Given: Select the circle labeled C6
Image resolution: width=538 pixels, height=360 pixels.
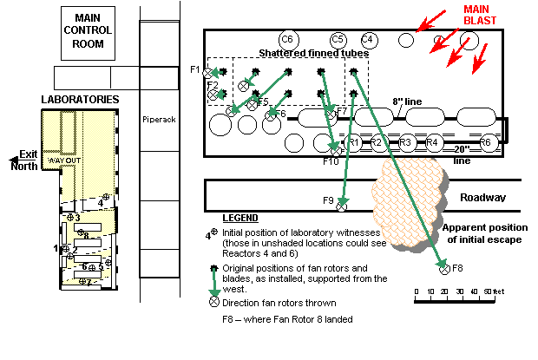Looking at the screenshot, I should pyautogui.click(x=288, y=39).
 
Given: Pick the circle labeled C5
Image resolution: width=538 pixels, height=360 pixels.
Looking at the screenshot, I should pyautogui.click(x=338, y=39).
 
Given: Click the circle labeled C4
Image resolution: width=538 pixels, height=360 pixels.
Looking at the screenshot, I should pyautogui.click(x=368, y=39).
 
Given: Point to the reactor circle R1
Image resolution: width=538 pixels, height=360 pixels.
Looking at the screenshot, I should pyautogui.click(x=352, y=142).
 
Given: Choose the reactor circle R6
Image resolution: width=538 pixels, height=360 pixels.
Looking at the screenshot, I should pyautogui.click(x=486, y=142).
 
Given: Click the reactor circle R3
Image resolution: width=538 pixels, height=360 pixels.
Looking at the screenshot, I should pyautogui.click(x=404, y=142).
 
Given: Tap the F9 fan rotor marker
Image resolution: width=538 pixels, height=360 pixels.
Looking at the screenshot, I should pyautogui.click(x=342, y=206).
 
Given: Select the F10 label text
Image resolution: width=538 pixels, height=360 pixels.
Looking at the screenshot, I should pyautogui.click(x=331, y=161).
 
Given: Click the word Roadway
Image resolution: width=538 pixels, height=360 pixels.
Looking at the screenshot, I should pyautogui.click(x=482, y=197).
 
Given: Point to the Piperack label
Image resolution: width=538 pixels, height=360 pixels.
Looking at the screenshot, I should pyautogui.click(x=158, y=119).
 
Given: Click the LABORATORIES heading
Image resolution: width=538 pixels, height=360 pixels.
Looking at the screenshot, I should pyautogui.click(x=79, y=100).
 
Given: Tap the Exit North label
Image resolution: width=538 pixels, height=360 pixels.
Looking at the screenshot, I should pyautogui.click(x=23, y=160).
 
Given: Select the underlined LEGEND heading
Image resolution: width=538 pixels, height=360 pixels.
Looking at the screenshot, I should pyautogui.click(x=240, y=217).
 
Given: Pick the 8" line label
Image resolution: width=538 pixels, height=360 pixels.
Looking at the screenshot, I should pyautogui.click(x=407, y=101).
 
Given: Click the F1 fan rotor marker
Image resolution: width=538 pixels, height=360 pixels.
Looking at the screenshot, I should pyautogui.click(x=208, y=74).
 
